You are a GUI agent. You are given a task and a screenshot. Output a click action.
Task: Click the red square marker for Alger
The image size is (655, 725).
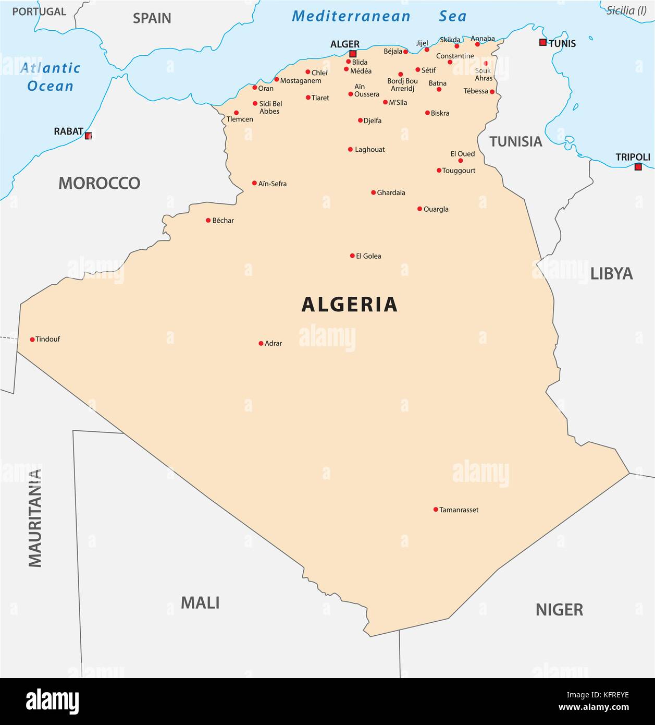(x=353, y=54)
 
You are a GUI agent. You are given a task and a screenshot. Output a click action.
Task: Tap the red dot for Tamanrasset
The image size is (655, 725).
(x=436, y=510)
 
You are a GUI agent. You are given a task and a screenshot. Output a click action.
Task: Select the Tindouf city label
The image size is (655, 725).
(x=47, y=339)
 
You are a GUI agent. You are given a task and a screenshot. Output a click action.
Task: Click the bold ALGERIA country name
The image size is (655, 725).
(x=350, y=305)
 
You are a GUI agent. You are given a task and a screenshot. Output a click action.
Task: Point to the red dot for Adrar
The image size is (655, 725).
(x=261, y=343)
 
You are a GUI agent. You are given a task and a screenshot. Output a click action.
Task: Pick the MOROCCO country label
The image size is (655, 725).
(x=99, y=183)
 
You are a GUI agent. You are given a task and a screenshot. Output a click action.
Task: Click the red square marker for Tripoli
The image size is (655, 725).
(x=638, y=167)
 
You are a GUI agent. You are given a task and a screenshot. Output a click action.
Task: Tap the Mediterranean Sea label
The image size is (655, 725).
(x=379, y=16)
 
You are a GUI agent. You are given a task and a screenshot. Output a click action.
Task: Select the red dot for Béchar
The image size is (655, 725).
(x=208, y=221)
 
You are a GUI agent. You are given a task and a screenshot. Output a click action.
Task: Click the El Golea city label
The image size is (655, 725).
(x=368, y=256)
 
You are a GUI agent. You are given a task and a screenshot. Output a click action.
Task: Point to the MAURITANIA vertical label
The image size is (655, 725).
(x=34, y=518)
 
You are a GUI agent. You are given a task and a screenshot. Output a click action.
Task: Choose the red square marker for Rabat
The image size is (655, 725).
(x=89, y=136)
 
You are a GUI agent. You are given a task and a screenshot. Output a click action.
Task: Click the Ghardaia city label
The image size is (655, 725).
(x=391, y=192)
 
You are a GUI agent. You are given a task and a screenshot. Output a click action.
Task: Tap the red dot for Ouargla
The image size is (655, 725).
(x=419, y=209)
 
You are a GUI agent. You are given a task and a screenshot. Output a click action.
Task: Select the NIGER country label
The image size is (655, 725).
(x=559, y=609)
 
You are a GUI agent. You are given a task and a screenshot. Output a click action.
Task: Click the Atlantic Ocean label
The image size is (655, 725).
(x=51, y=77)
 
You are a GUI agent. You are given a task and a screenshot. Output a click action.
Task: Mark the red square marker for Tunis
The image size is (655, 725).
(x=543, y=42)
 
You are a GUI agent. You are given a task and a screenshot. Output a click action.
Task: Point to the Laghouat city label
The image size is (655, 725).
(x=369, y=150)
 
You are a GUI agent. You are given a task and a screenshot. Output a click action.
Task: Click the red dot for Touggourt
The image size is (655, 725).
(x=439, y=171)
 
